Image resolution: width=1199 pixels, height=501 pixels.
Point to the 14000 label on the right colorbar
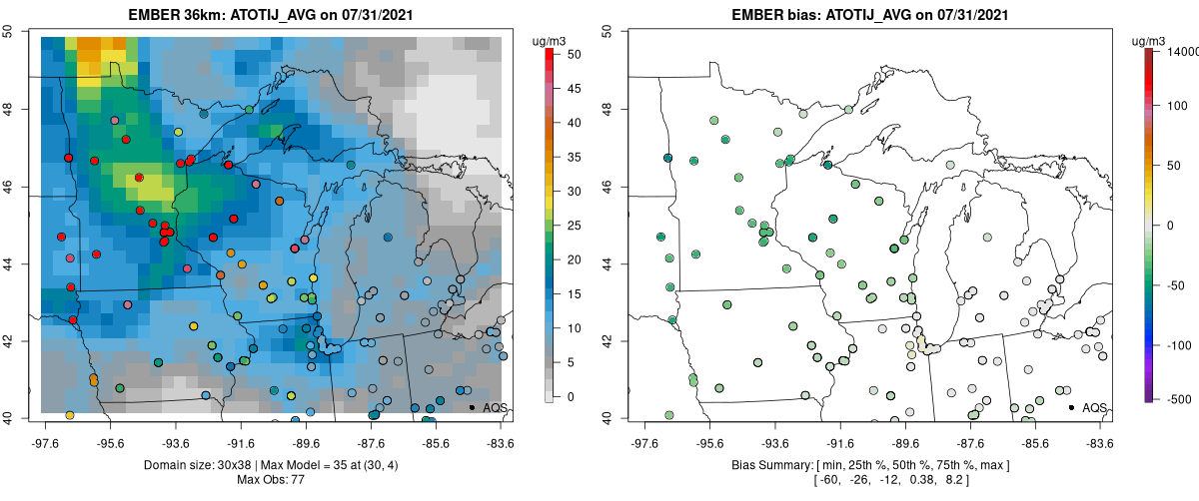(x=1181, y=51)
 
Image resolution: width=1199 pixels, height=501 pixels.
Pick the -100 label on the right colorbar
(x=1175, y=345)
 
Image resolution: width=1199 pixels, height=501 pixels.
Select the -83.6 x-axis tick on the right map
(x=1098, y=442)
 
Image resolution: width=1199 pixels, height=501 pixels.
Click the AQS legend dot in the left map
(x=472, y=408)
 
